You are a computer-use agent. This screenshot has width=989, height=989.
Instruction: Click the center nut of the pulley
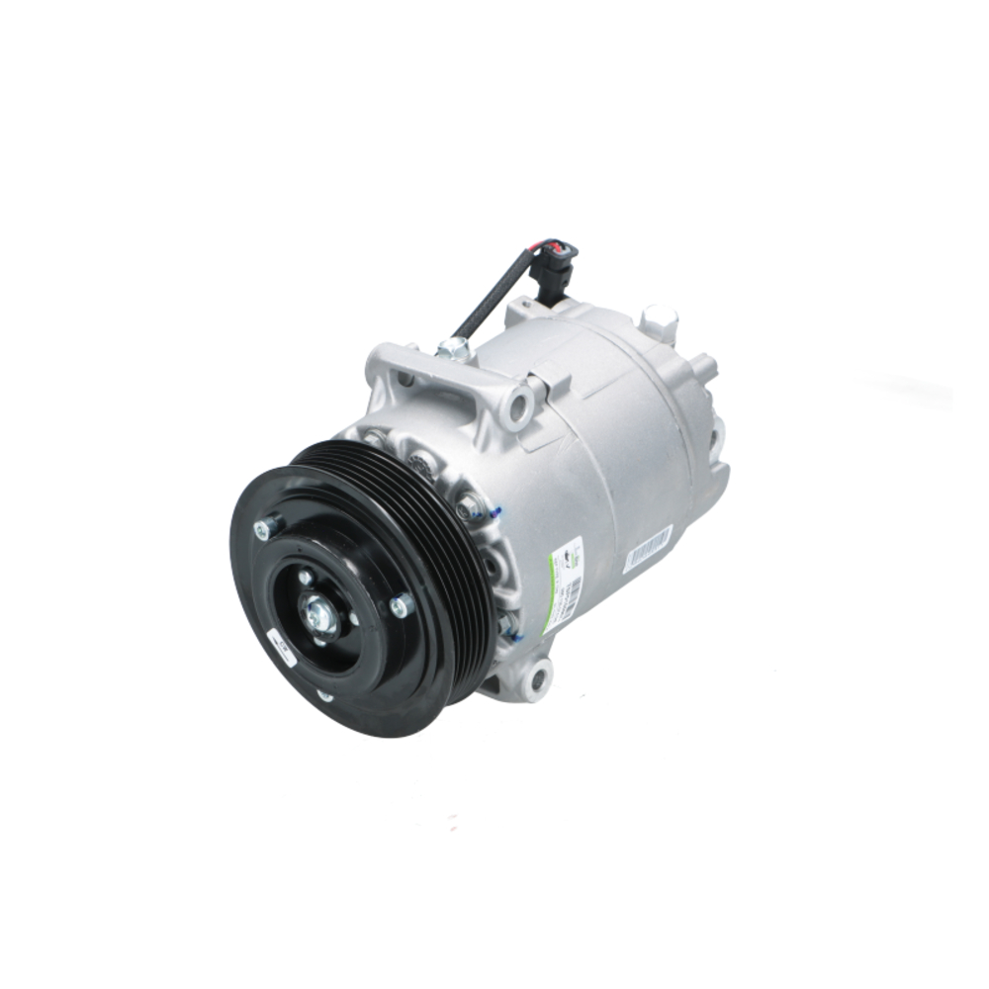pos(321,616)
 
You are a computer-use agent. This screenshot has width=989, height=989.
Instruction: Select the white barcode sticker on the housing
pos(648,547)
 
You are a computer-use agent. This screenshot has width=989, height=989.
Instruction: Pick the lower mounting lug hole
pos(537,678)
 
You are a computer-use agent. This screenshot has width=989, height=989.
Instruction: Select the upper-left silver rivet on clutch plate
pos(264,530)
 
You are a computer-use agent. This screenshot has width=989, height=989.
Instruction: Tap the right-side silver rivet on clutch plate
pos(400,605)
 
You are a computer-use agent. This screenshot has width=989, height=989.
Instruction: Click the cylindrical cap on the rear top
pos(658,318)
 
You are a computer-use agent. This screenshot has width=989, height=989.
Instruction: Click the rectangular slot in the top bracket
pos(406,377)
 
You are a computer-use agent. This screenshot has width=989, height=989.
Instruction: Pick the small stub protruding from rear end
pos(704,366)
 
